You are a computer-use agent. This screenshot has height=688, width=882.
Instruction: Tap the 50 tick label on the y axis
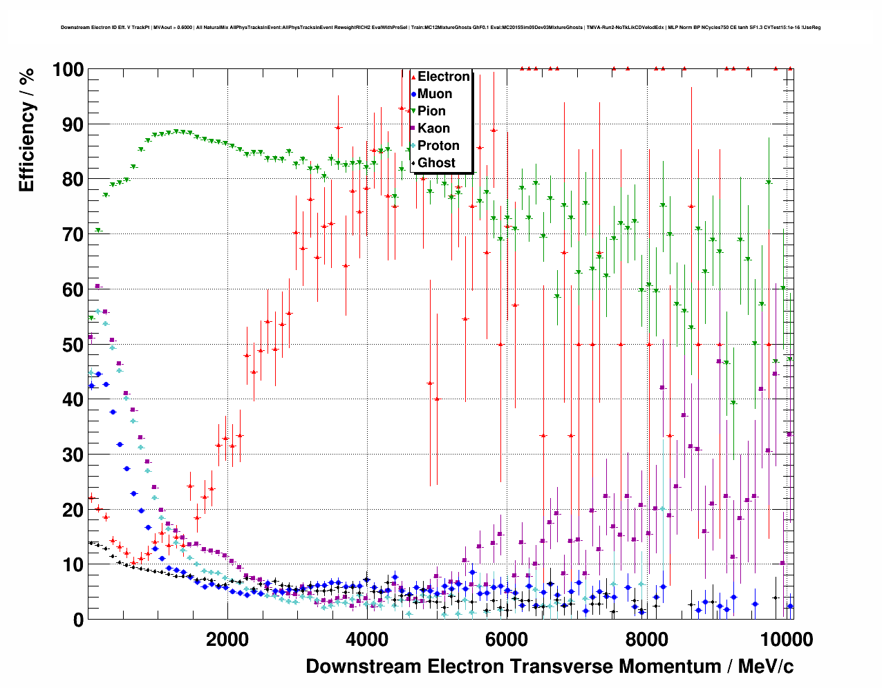pyautogui.click(x=72, y=345)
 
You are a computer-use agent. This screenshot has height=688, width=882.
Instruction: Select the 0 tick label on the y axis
pyautogui.click(x=77, y=620)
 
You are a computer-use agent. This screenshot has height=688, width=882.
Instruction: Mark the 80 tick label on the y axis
pyautogui.click(x=72, y=180)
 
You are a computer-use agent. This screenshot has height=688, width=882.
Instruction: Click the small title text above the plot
pyautogui.click(x=440, y=28)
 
